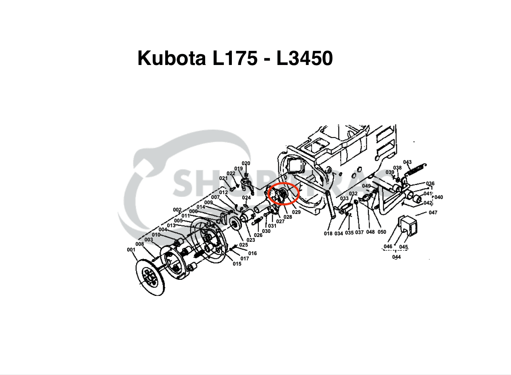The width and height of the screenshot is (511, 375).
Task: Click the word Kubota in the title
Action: point(171,58)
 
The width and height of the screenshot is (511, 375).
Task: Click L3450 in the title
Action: point(304,58)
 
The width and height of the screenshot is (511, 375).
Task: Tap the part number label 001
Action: point(131,250)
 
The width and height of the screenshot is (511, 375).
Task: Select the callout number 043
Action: point(407,162)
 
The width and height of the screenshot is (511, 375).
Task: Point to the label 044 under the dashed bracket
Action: point(396,257)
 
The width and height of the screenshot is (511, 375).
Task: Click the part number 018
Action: point(328,233)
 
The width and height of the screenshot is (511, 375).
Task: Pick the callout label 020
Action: point(246,163)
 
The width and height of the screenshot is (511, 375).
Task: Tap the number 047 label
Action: point(433,213)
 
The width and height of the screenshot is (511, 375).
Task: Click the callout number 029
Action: point(296,212)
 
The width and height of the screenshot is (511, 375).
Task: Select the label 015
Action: point(237,264)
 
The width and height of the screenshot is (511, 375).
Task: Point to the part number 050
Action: point(382,232)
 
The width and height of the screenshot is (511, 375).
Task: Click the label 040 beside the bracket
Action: point(438,197)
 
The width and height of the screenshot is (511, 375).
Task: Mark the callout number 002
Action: point(177,210)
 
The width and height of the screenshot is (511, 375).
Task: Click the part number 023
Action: point(250,240)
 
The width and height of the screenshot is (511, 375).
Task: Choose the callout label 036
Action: point(430,184)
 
